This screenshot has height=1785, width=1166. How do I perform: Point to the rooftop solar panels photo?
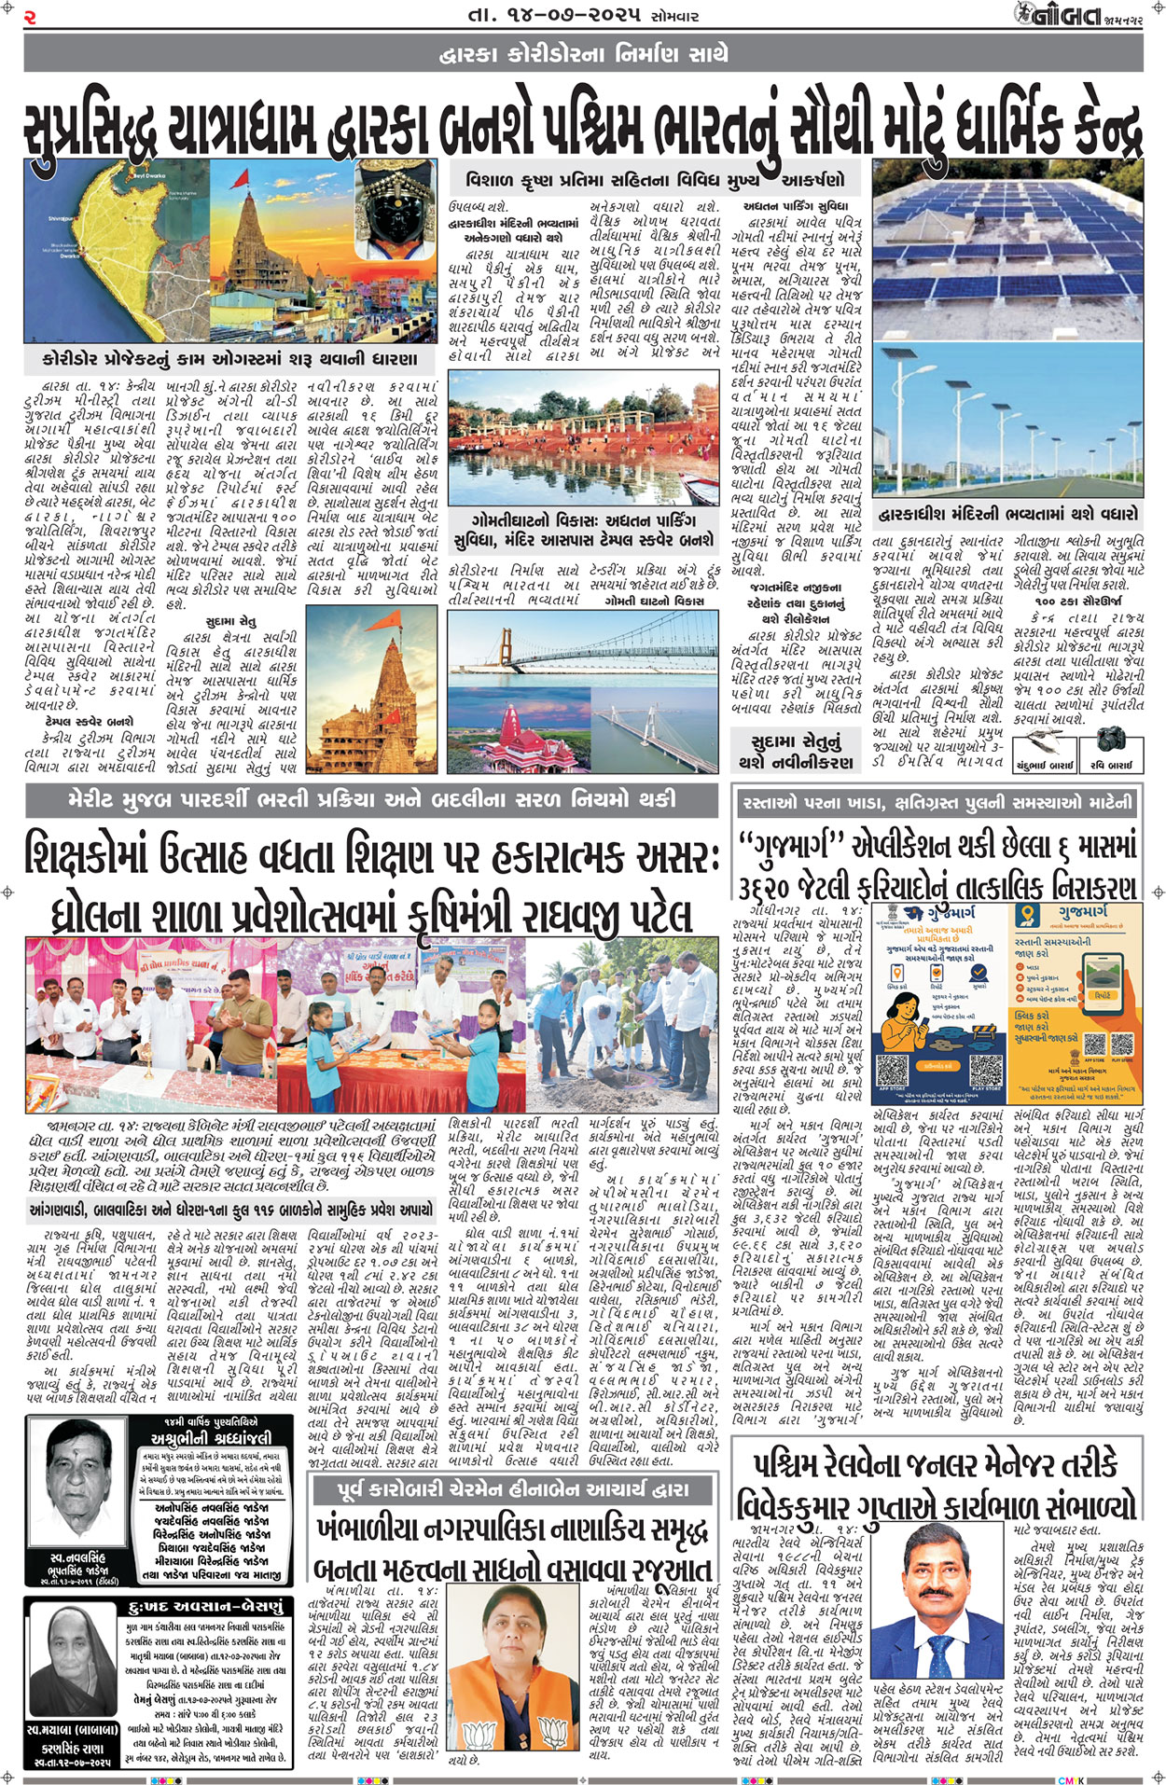click(x=1006, y=250)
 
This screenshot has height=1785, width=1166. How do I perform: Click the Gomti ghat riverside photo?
click(x=583, y=439)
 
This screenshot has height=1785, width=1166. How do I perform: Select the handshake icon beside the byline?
click(x=1045, y=741)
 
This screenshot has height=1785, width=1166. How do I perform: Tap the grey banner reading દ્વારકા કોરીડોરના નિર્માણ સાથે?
click(x=583, y=55)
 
